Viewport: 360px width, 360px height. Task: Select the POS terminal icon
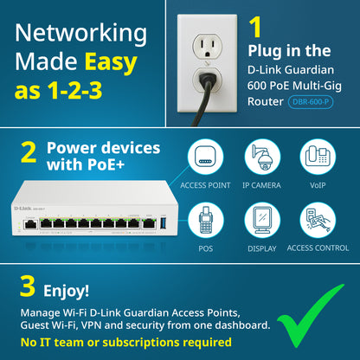click(x=206, y=219)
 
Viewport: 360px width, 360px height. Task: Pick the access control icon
click(x=317, y=219)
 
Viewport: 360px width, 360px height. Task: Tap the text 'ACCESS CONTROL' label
click(x=317, y=247)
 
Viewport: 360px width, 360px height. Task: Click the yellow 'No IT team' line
click(x=125, y=343)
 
